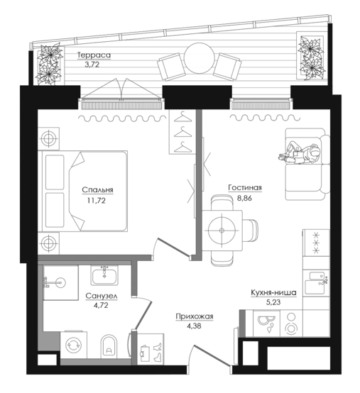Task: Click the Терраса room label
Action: pyautogui.click(x=94, y=55)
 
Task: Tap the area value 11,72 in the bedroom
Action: pyautogui.click(x=97, y=201)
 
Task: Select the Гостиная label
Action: pyautogui.click(x=245, y=188)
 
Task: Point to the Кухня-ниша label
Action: pyautogui.click(x=273, y=292)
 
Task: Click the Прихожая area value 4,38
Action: pyautogui.click(x=194, y=326)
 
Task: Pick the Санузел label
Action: pyautogui.click(x=102, y=296)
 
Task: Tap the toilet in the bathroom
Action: pyautogui.click(x=109, y=347)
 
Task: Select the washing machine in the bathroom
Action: pyautogui.click(x=74, y=345)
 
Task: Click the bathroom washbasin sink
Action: pyautogui.click(x=104, y=275)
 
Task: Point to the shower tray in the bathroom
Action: pyautogui.click(x=60, y=283)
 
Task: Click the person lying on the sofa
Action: pyautogui.click(x=299, y=153)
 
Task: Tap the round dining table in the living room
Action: pyautogui.click(x=222, y=231)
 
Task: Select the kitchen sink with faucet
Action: pyautogui.click(x=316, y=283)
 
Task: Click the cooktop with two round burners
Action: pyautogui.click(x=291, y=323)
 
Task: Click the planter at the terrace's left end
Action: pyautogui.click(x=49, y=65)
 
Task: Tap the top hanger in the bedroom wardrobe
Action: pyautogui.click(x=182, y=118)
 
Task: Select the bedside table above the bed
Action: pyautogui.click(x=48, y=138)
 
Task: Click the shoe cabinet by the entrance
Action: pyautogui.click(x=151, y=349)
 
